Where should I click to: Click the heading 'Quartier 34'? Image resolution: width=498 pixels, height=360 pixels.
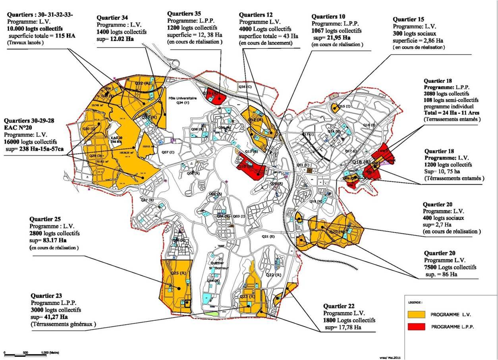click(x=112, y=17)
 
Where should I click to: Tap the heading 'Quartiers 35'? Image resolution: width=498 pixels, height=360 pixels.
click(x=184, y=14)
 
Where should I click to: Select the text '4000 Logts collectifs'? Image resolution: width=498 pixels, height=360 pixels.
click(x=265, y=29)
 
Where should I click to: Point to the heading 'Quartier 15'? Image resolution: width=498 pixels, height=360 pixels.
click(x=408, y=19)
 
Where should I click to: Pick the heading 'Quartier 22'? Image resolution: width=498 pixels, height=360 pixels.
click(x=341, y=306)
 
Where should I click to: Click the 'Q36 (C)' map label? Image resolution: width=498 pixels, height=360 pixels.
click(x=245, y=86)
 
